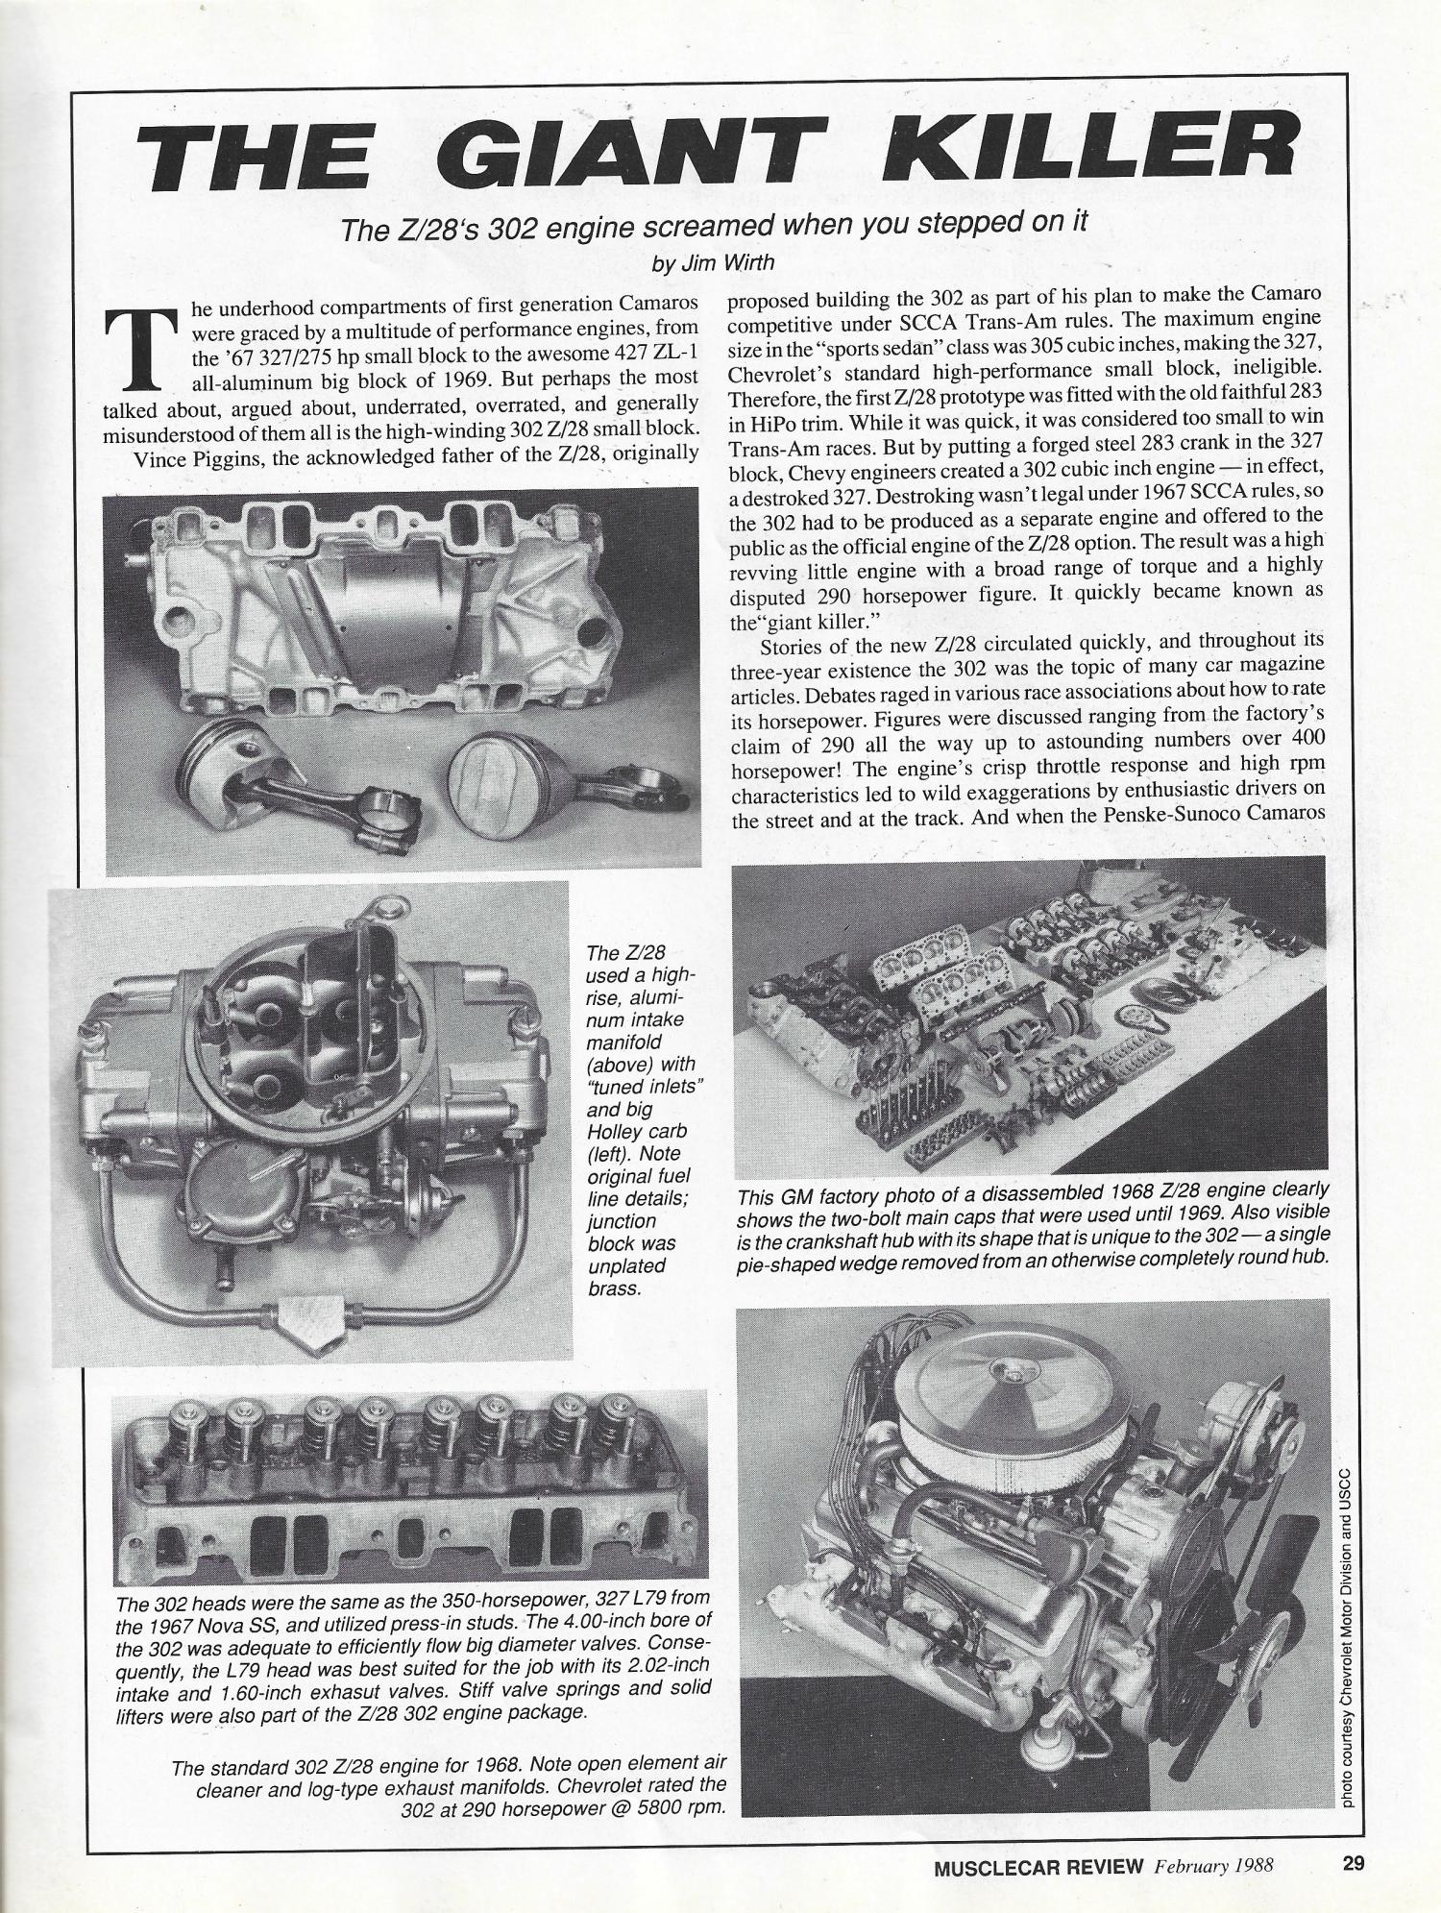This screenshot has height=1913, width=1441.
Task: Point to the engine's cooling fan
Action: [1239, 1595]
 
